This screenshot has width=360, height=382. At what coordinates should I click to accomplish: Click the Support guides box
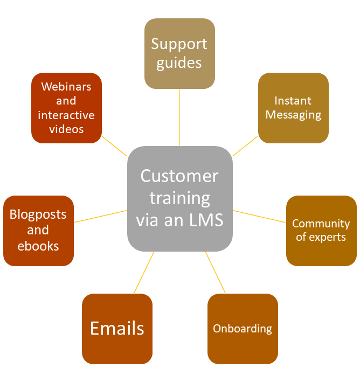pyautogui.click(x=179, y=53)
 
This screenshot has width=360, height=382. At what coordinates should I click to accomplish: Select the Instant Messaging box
pyautogui.click(x=293, y=108)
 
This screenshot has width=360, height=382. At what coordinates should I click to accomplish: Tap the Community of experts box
pyautogui.click(x=321, y=231)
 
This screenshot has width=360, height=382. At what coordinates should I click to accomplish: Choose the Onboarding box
pyautogui.click(x=243, y=329)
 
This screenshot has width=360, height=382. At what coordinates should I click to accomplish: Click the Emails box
pyautogui.click(x=117, y=329)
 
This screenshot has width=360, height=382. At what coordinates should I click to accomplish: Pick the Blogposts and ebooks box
pyautogui.click(x=38, y=231)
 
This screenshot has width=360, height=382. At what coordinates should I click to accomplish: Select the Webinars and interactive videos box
pyautogui.click(x=66, y=108)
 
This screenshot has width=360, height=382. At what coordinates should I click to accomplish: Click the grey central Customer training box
pyautogui.click(x=179, y=198)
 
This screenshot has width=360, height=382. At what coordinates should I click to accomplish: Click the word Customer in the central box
pyautogui.click(x=179, y=176)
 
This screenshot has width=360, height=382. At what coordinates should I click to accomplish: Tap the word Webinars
pyautogui.click(x=66, y=87)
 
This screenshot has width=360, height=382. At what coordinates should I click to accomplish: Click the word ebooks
pyautogui.click(x=38, y=246)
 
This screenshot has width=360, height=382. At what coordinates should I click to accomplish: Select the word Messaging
pyautogui.click(x=293, y=115)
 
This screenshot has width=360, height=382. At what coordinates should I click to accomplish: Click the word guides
pyautogui.click(x=179, y=63)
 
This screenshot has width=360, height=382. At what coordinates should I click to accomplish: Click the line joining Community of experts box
pyautogui.click(x=259, y=216)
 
